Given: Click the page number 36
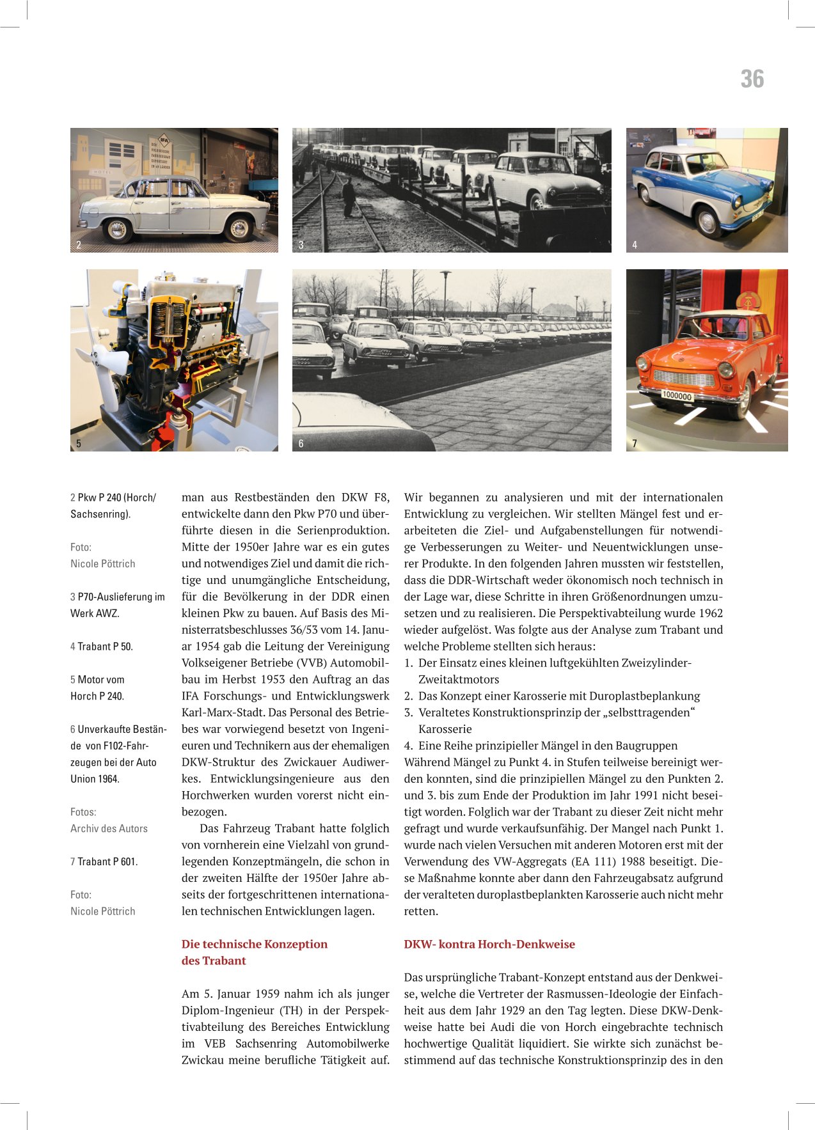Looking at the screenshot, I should (x=752, y=79).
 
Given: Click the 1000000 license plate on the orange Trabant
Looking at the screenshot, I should (x=677, y=396).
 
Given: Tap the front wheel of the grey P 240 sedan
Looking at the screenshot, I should (x=239, y=228).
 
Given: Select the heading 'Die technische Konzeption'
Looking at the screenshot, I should (x=255, y=944).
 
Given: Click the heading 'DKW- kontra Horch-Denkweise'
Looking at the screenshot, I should (x=489, y=944).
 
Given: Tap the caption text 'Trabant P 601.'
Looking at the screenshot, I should (x=107, y=861).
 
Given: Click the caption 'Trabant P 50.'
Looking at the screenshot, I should (x=105, y=647).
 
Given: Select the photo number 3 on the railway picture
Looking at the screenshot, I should (x=301, y=244).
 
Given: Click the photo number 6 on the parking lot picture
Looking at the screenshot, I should (x=301, y=443).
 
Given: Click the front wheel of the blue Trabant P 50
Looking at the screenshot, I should (x=708, y=222).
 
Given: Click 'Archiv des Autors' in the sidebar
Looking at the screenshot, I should (x=109, y=828).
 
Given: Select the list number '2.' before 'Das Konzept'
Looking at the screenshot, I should (x=409, y=696).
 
